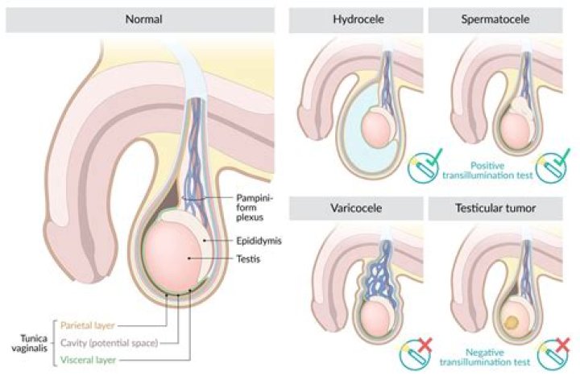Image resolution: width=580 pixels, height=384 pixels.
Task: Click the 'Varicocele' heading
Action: pyautogui.click(x=355, y=209)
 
